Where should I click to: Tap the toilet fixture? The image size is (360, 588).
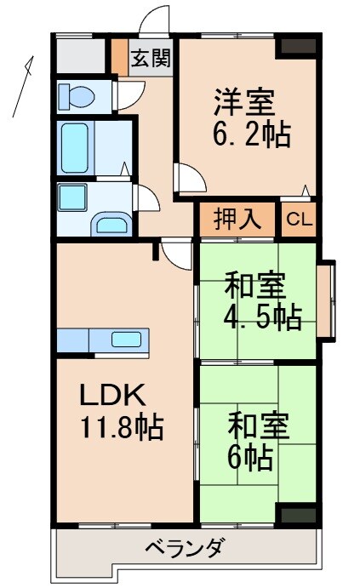pyautogui.click(x=79, y=96)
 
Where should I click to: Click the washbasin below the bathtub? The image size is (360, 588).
pyautogui.click(x=111, y=225)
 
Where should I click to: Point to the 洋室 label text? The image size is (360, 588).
pyautogui.click(x=243, y=102)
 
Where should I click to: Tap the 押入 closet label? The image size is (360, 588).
pyautogui.click(x=237, y=220)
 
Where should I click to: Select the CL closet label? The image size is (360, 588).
pyautogui.click(x=298, y=220)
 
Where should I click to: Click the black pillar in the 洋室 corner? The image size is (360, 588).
pyautogui.click(x=299, y=47)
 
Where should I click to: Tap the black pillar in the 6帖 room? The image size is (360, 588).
pyautogui.click(x=299, y=514)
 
